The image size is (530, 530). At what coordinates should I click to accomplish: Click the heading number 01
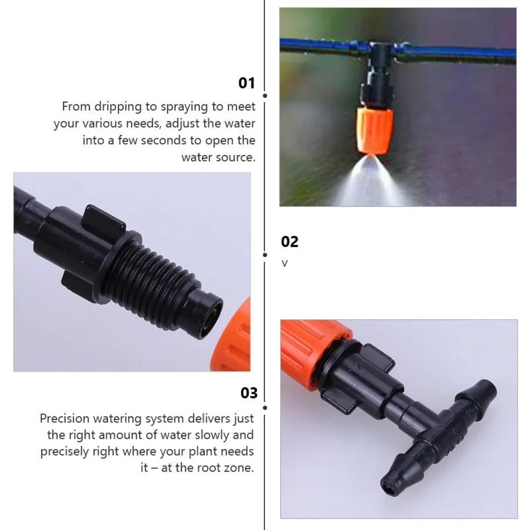[x=246, y=83]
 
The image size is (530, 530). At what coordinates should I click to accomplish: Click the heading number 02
[x=290, y=242]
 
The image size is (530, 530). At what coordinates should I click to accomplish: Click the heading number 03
[x=249, y=393]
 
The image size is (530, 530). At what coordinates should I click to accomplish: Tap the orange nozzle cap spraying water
[x=374, y=131]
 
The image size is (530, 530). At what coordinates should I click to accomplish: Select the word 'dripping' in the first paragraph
[x=118, y=107]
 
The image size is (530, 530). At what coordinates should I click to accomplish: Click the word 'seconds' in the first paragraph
[x=163, y=140]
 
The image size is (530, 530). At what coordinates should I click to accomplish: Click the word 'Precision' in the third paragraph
[x=64, y=419]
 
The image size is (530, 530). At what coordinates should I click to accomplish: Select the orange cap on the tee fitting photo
[x=313, y=351]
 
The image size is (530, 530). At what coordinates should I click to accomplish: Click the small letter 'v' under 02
[x=285, y=264]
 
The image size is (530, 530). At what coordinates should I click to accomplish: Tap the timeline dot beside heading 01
[x=265, y=95]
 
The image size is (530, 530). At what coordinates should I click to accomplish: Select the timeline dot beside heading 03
[x=265, y=408]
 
